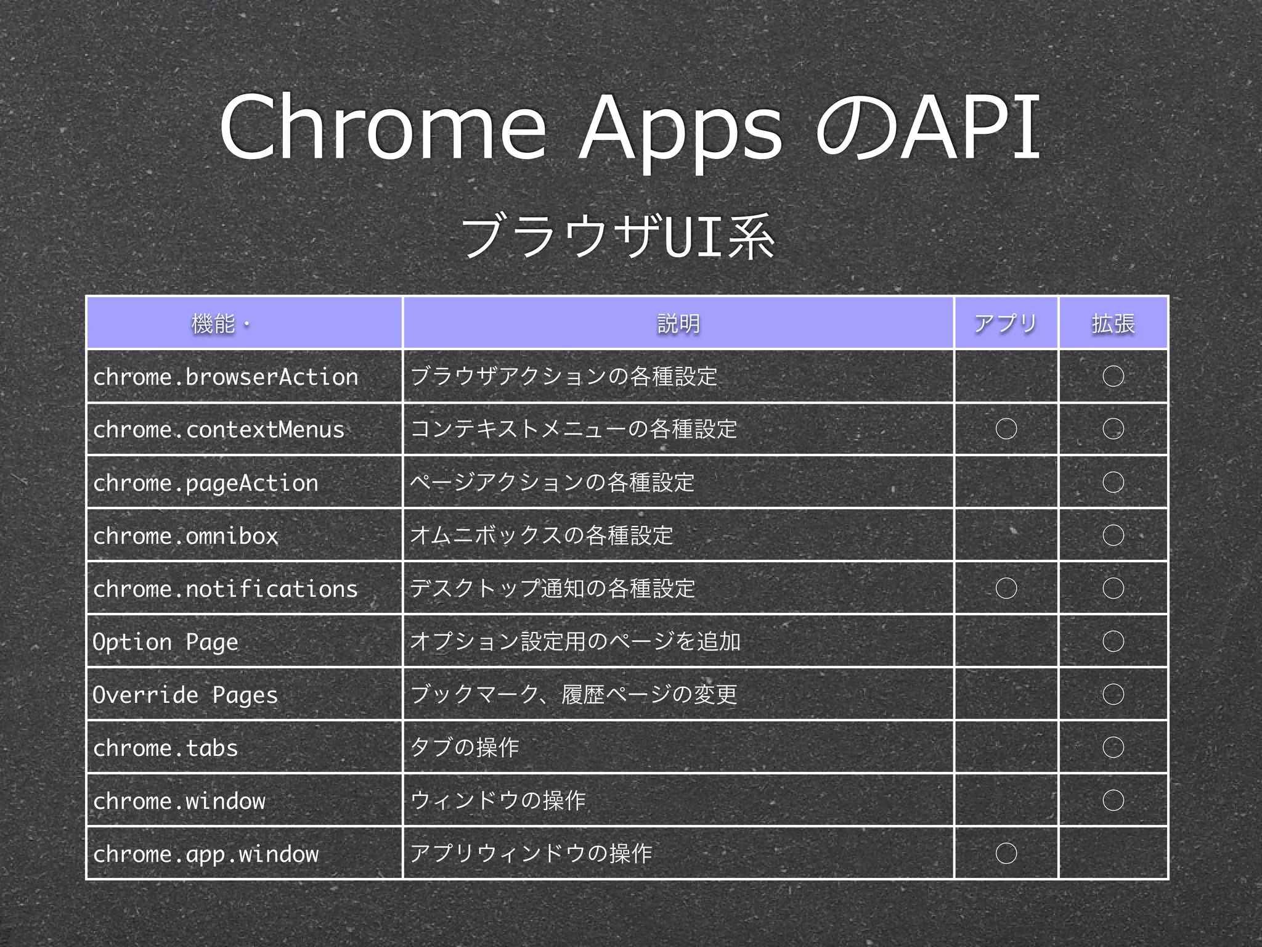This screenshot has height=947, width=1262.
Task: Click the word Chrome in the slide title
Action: (x=382, y=128)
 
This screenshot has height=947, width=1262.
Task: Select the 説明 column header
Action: (x=678, y=323)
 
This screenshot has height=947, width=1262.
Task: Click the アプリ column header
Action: (x=1006, y=323)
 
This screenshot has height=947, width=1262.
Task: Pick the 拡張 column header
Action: (x=1113, y=323)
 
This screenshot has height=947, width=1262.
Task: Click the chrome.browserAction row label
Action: (x=226, y=377)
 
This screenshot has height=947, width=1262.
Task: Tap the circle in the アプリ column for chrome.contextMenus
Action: (x=1006, y=429)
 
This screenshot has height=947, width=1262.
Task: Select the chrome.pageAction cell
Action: (x=206, y=483)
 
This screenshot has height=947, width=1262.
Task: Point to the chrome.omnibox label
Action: (x=185, y=536)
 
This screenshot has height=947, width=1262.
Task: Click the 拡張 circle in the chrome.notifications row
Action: (x=1113, y=588)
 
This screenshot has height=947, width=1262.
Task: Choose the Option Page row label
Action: (x=165, y=642)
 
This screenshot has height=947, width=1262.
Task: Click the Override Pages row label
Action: (x=185, y=695)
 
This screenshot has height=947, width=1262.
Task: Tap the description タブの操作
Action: (x=465, y=747)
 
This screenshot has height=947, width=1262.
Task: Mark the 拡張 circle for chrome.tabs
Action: (x=1113, y=747)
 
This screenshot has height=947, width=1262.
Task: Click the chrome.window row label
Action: (x=179, y=801)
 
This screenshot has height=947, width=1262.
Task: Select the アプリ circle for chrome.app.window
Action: (x=1006, y=853)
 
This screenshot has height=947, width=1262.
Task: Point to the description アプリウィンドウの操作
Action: (x=531, y=853)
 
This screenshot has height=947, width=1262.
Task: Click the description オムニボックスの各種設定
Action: (x=541, y=535)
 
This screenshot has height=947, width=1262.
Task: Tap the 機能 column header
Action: (x=213, y=323)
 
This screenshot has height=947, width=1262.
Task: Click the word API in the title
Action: (x=971, y=128)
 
